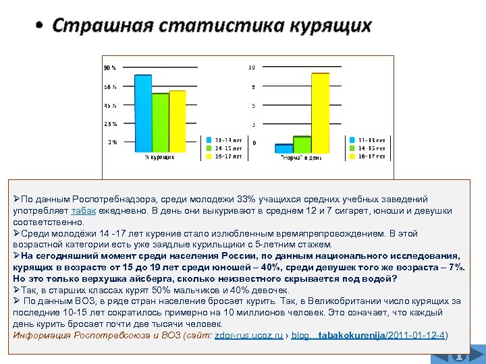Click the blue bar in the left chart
(142, 115)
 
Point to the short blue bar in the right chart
(283, 148)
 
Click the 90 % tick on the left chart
(109, 67)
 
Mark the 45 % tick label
(109, 105)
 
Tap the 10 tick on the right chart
(251, 67)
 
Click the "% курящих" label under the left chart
(160, 157)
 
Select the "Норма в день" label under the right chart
(301, 158)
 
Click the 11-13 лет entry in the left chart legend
(228, 140)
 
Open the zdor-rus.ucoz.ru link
(248, 335)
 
